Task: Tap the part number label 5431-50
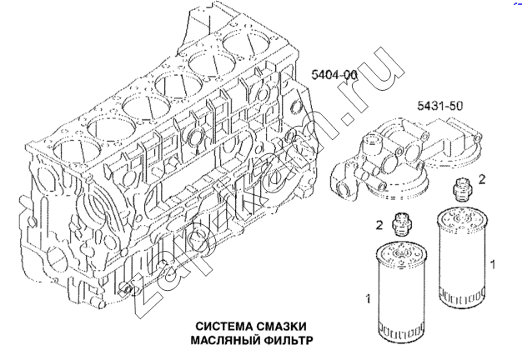(441, 107)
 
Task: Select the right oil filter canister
(461, 258)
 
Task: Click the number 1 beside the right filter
(495, 265)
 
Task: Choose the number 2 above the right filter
(482, 179)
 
